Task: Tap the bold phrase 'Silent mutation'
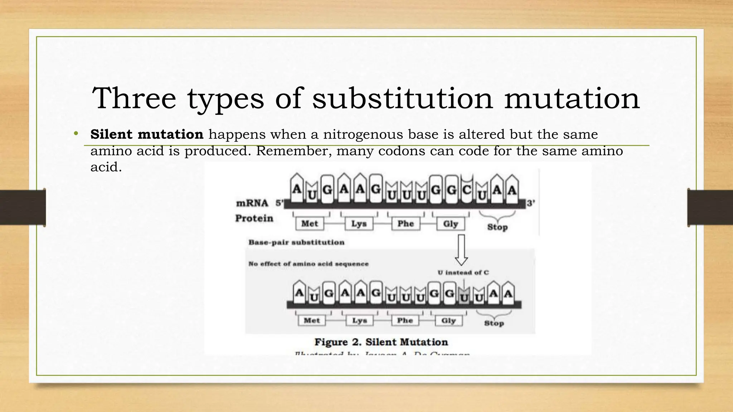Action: pyautogui.click(x=147, y=134)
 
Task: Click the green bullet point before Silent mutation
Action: pyautogui.click(x=76, y=134)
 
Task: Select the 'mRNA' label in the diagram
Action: pyautogui.click(x=252, y=203)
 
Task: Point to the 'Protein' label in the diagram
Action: pyautogui.click(x=254, y=218)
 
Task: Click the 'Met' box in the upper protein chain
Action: pyautogui.click(x=310, y=224)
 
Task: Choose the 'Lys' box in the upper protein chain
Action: pyautogui.click(x=359, y=224)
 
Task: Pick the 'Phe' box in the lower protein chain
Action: pyautogui.click(x=405, y=320)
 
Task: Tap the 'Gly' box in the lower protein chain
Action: pyautogui.click(x=448, y=320)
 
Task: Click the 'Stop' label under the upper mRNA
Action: pyautogui.click(x=497, y=227)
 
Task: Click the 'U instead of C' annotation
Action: pyautogui.click(x=463, y=273)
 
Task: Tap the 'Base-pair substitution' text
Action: pyautogui.click(x=296, y=242)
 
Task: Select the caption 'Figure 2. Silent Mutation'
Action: pyautogui.click(x=381, y=342)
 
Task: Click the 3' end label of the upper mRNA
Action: pyautogui.click(x=531, y=203)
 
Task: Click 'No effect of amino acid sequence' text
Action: pyautogui.click(x=309, y=264)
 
